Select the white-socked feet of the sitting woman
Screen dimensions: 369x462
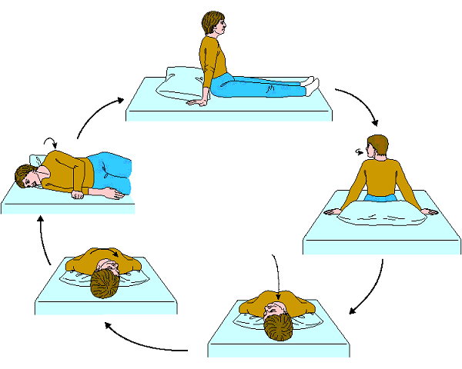(x=310, y=81)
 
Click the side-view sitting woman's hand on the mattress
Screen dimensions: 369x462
(x=196, y=100)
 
